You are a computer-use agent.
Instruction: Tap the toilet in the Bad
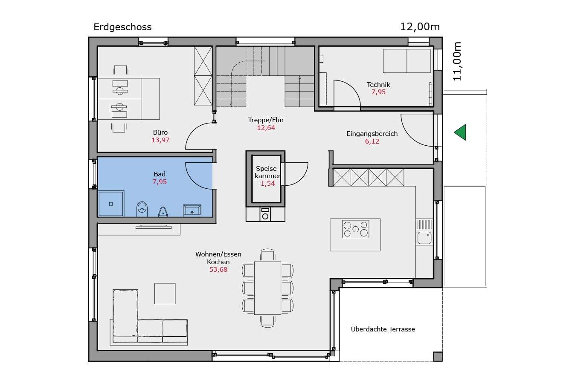[x=142, y=209]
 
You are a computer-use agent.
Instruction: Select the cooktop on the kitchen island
[x=355, y=229]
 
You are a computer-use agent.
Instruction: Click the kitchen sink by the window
[x=424, y=238]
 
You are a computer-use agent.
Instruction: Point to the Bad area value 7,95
[x=160, y=182]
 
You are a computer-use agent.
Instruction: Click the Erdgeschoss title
[x=122, y=27]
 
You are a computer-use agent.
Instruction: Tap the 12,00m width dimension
[x=420, y=27]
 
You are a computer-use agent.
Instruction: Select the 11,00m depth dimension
[x=457, y=61]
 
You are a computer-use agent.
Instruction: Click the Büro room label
[x=160, y=132]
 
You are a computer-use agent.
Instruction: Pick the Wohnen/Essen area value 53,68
[x=218, y=269]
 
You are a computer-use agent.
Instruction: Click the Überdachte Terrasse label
[x=383, y=329]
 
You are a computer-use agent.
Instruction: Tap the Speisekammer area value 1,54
[x=268, y=184]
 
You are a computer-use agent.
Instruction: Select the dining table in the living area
[x=267, y=288]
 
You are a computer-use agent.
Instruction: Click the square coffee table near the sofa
[x=165, y=294]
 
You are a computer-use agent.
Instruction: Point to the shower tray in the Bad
[x=111, y=204]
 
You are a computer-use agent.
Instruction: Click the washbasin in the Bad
[x=192, y=210]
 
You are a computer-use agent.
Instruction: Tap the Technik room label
[x=378, y=85]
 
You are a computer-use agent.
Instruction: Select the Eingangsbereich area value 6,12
[x=372, y=141]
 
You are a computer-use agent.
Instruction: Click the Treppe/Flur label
[x=266, y=120]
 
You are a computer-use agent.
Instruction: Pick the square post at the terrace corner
[x=438, y=357]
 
